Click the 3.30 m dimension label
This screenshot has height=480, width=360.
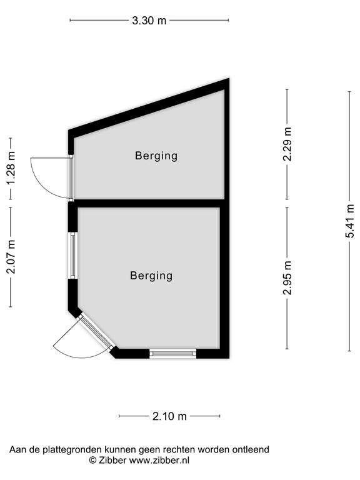pyautogui.click(x=149, y=21)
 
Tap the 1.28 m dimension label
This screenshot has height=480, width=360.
pyautogui.click(x=11, y=169)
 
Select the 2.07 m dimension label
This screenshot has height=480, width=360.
pyautogui.click(x=11, y=257)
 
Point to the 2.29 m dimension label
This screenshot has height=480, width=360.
pyautogui.click(x=287, y=144)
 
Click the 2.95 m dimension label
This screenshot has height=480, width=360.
pyautogui.click(x=287, y=278)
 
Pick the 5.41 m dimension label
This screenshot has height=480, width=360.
pyautogui.click(x=349, y=221)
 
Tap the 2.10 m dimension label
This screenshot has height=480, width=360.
pyautogui.click(x=169, y=416)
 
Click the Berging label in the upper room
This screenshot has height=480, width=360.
pyautogui.click(x=156, y=156)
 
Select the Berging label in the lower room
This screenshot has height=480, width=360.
pyautogui.click(x=151, y=276)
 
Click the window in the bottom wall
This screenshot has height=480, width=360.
pyautogui.click(x=173, y=354)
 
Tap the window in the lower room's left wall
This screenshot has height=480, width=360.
pyautogui.click(x=73, y=256)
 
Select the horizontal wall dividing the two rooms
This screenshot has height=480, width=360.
pyautogui.click(x=149, y=204)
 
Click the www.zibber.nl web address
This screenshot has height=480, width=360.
pyautogui.click(x=159, y=460)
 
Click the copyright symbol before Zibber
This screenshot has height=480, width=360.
pyautogui.click(x=92, y=460)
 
